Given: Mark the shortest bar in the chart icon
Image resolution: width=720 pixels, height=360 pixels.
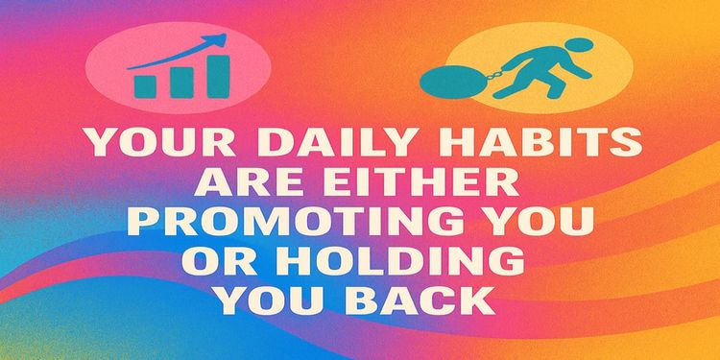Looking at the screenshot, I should (146, 85).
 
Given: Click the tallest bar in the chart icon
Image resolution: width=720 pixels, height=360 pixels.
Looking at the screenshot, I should (218, 75).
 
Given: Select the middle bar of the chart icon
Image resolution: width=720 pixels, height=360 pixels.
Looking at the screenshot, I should (180, 81).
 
